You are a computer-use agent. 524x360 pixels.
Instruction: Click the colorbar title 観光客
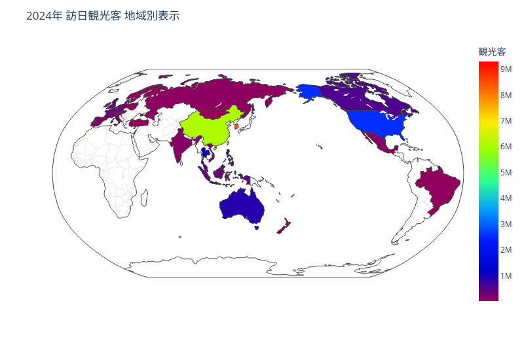492,52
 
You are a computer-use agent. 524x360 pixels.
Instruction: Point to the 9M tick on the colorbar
506,69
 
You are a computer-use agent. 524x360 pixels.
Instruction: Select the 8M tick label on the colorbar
506,95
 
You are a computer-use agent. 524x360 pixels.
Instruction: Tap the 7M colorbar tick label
506,120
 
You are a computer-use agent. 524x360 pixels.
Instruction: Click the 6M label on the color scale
506,147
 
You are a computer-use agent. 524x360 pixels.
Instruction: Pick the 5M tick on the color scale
506,172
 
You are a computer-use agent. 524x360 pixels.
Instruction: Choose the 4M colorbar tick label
506,198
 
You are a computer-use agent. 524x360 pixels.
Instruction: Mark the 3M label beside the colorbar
506,225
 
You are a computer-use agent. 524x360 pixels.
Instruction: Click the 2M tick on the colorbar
506,250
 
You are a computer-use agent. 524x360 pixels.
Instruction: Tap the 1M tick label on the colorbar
506,276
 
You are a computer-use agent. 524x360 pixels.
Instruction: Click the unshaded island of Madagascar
143,197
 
